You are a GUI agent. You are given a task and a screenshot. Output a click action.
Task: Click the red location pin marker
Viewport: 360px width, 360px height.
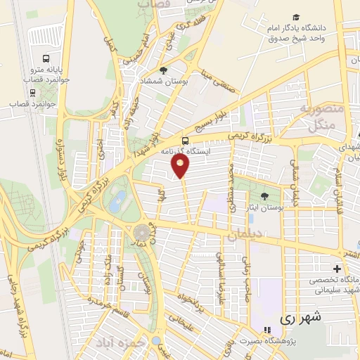tap(181, 166)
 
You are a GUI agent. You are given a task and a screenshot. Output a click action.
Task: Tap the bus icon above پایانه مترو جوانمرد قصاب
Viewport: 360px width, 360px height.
tap(46, 60)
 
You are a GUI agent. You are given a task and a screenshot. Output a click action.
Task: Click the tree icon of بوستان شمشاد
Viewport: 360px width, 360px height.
tap(163, 70)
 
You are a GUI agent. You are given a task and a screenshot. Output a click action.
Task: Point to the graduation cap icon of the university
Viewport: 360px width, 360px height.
tap(297, 18)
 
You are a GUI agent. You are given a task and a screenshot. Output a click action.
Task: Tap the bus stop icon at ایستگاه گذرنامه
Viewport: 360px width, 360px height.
tap(185, 140)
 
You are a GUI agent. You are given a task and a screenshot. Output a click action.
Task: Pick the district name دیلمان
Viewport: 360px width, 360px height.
tap(249, 234)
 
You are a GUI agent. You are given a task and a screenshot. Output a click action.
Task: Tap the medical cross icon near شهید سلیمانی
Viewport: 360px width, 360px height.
tap(337, 269)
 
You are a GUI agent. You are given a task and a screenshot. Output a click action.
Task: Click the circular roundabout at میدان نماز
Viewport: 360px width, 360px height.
tap(143, 231)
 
